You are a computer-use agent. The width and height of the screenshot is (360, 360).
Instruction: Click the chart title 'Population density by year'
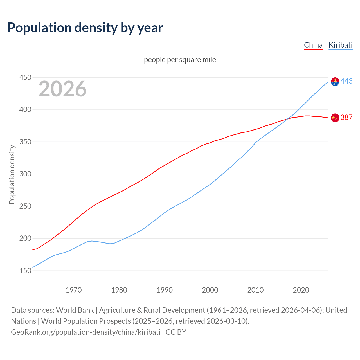coord(85,28)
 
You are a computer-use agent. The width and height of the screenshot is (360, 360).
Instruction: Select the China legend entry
coord(313,45)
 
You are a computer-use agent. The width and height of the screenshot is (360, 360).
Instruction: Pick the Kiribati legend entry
coord(341,45)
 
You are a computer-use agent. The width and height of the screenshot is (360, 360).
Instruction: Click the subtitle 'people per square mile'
coord(180,60)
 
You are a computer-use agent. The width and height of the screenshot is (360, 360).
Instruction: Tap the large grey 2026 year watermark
coord(62,89)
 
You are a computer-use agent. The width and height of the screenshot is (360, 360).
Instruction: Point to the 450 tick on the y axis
coord(25,77)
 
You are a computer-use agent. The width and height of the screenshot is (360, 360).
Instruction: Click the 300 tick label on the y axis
coord(25,174)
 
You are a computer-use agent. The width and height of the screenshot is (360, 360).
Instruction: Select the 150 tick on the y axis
coord(25,271)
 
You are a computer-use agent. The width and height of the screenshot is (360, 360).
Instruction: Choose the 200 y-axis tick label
coord(25,238)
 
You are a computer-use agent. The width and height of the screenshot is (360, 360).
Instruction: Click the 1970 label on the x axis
coord(74,290)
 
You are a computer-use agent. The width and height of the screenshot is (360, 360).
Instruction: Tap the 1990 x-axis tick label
coord(165,290)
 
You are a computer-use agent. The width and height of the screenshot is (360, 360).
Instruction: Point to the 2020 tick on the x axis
coord(301,290)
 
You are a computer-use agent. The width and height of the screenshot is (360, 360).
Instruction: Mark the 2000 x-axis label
coord(210,290)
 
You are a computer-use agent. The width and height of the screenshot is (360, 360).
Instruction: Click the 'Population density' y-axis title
coord(12,174)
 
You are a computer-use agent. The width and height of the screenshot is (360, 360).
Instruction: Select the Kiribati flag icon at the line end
coord(335,82)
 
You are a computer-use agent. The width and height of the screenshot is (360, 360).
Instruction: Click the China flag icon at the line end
coord(335,118)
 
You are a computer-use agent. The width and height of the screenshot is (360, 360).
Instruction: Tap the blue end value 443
coord(346,81)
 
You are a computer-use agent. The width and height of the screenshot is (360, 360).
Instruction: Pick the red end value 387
coord(346,117)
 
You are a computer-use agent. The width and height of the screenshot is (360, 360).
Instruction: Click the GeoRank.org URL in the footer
coord(85,332)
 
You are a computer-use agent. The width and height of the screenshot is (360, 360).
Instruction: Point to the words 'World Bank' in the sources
coord(75,310)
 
